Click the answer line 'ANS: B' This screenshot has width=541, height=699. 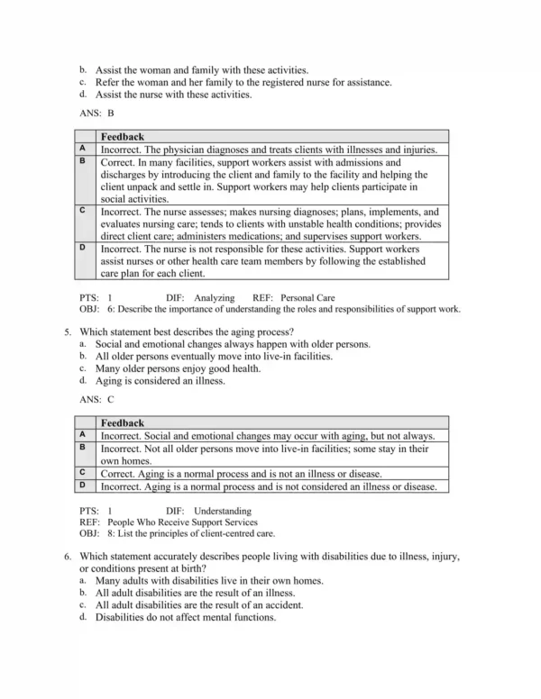click(x=97, y=114)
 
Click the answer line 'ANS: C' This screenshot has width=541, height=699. click(x=97, y=399)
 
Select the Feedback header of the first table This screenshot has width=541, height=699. click(x=123, y=137)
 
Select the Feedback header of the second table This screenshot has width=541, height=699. click(x=123, y=422)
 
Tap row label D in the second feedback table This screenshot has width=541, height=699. click(x=83, y=486)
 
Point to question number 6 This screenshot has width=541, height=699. click(x=69, y=558)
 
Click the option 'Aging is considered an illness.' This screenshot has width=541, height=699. click(x=160, y=381)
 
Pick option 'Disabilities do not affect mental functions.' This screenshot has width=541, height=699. click(x=185, y=618)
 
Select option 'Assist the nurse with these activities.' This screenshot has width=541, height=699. click(x=173, y=94)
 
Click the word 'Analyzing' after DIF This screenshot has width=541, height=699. click(x=215, y=296)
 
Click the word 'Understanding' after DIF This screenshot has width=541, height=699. click(x=224, y=511)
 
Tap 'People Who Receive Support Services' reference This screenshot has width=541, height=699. click(x=182, y=522)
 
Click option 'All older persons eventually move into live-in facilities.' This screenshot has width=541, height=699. click(x=214, y=357)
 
